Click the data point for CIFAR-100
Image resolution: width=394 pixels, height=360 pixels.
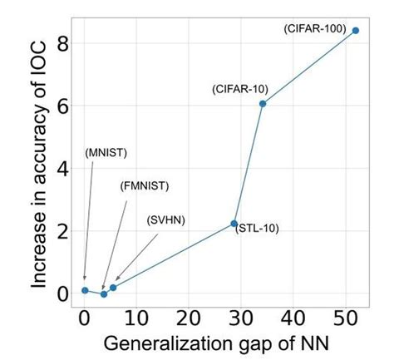[356, 31]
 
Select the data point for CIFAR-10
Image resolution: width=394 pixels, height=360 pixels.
[263, 103]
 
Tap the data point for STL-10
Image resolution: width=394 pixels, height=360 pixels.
[234, 224]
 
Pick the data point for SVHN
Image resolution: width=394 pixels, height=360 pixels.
[113, 288]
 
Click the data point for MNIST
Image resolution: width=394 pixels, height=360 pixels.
[85, 290]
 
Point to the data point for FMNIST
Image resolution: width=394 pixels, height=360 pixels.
[104, 293]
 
